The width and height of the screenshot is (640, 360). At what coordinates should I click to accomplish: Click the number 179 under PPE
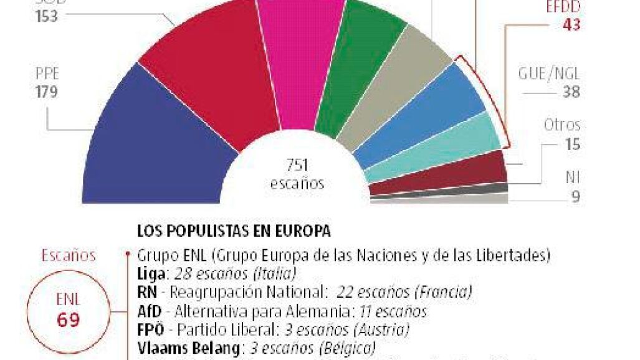(47, 92)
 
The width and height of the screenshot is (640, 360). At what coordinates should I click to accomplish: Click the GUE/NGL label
(549, 73)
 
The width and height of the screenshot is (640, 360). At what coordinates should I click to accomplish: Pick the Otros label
(562, 125)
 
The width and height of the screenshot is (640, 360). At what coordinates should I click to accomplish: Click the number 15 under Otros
(571, 144)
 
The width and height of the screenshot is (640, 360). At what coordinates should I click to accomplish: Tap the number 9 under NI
(575, 197)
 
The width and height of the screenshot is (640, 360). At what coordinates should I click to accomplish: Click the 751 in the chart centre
(298, 166)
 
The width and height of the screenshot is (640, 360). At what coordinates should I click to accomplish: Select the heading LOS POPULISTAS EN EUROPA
(233, 231)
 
